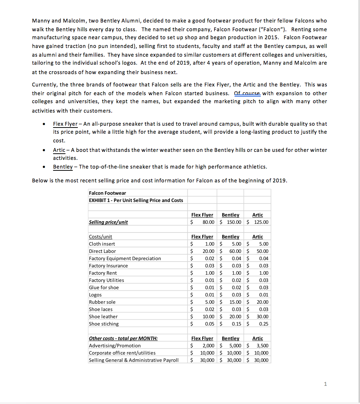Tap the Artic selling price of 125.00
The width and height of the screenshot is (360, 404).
261,222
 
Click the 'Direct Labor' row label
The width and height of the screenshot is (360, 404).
103,251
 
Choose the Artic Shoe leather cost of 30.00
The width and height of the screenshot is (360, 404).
263,316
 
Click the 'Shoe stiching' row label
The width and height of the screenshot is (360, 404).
104,324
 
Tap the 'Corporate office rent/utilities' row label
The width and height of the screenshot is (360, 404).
122,353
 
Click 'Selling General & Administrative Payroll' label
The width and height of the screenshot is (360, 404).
133,360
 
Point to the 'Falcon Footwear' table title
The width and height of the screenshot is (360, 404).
107,193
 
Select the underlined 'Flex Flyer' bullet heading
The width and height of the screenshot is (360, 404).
65,124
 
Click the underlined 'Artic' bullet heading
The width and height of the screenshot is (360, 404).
59,150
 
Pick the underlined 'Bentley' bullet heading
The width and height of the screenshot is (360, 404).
63,167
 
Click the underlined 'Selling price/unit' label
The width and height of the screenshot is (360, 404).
108,222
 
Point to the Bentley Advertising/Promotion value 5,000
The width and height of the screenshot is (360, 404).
235,346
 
